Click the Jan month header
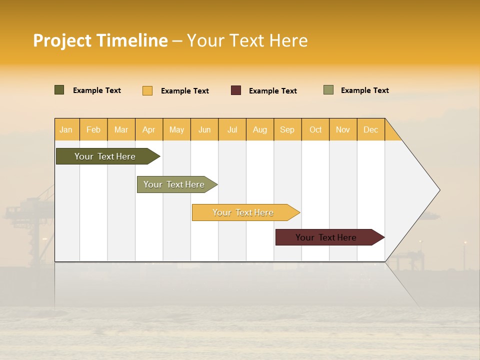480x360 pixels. pos(66,129)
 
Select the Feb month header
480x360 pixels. pos(93,129)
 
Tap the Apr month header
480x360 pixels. pos(148,129)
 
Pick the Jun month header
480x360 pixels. pos(204,129)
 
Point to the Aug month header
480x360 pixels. pos(259,129)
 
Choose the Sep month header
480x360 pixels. pos(287,129)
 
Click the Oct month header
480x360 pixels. pos(315,129)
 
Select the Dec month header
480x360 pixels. pos(370,129)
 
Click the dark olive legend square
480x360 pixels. pos(59,90)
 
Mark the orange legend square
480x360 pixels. pos(147,90)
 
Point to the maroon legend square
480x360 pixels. pos(236,90)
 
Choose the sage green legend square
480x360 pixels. pos(328,90)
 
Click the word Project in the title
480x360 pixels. pos(62,40)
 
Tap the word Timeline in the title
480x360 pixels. pos(132,40)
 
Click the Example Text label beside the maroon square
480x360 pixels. pos(272,91)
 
